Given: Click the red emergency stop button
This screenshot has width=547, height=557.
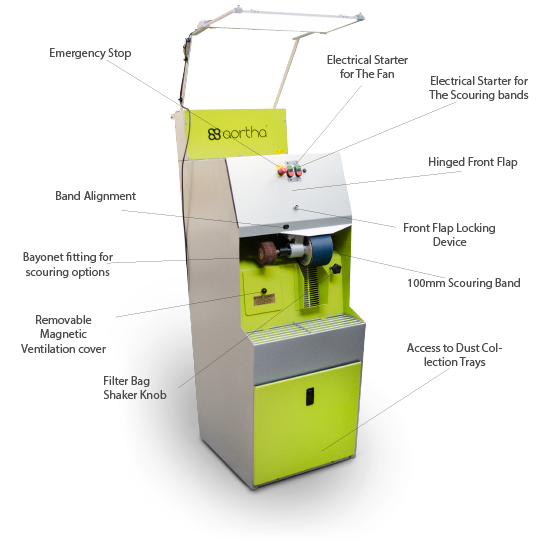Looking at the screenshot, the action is (282, 171).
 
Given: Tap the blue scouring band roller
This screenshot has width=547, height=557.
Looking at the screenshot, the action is (319, 250).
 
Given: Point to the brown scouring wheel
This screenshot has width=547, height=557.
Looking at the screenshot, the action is (267, 252).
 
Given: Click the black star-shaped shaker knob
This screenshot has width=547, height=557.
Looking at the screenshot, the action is (335, 268).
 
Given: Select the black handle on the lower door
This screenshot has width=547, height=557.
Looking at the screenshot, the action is (310, 396).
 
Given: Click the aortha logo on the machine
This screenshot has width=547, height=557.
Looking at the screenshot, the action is (237, 133).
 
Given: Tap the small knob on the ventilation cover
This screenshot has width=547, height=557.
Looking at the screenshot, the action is (264, 291).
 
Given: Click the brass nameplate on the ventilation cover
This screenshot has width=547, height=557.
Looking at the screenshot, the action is (264, 300).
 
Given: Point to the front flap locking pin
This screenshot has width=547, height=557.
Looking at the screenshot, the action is (296, 207).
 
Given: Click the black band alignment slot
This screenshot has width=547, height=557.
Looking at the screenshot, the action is (286, 226).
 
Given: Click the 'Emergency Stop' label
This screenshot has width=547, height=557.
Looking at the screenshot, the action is (90, 53).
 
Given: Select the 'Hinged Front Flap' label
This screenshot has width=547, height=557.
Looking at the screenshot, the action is (472, 162).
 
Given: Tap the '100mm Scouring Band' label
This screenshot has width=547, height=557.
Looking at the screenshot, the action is (464, 283).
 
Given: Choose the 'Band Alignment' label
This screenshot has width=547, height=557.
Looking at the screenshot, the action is (96, 196).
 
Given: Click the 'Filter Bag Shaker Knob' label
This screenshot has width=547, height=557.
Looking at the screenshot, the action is (135, 388).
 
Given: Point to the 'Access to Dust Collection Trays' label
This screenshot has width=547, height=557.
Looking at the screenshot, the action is (454, 355).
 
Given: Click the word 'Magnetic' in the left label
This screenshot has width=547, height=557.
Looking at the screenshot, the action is (63, 334).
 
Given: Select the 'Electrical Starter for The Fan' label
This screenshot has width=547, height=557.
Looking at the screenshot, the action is (367, 67).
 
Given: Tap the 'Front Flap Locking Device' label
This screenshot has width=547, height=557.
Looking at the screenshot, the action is (449, 235).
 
